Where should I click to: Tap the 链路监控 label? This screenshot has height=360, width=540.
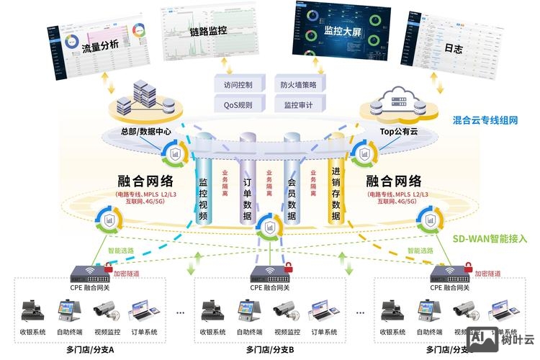coord(208,31)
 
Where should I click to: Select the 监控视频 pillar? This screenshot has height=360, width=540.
coord(203,191)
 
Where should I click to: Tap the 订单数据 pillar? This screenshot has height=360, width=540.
coord(248,191)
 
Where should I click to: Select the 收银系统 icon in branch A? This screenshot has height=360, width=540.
coord(33,310)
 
